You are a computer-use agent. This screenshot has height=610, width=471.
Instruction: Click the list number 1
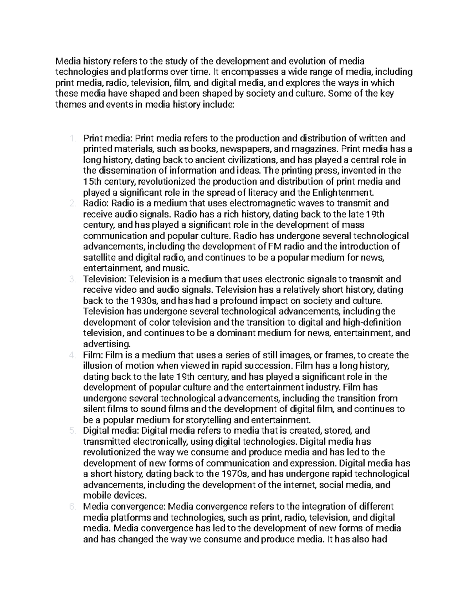(x=72, y=138)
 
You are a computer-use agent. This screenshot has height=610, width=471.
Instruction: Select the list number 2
(x=72, y=203)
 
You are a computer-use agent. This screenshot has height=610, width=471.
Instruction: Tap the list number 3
(x=72, y=279)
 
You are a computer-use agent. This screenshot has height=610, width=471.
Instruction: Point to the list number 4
(x=72, y=355)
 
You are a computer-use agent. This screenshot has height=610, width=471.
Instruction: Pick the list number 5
(x=72, y=430)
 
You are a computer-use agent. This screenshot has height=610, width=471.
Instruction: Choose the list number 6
(x=72, y=507)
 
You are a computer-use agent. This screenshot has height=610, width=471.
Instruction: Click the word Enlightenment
(x=343, y=192)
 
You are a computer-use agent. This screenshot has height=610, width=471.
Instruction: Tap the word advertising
(x=106, y=344)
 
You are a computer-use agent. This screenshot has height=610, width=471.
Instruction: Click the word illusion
(x=97, y=366)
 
